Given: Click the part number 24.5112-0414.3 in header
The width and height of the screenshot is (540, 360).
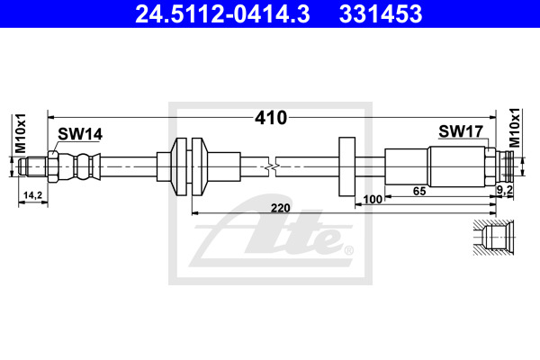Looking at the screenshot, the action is pos(222,14).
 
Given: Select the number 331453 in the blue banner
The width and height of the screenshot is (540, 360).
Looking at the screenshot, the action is pos(381,14).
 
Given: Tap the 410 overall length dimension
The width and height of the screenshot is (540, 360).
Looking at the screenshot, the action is pos(271,118).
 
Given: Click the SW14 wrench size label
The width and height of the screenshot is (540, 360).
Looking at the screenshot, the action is pos(80,134).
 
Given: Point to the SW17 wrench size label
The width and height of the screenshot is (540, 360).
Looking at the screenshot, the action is pos(461,131).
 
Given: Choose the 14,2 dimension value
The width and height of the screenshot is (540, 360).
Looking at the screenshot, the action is pos(32,195).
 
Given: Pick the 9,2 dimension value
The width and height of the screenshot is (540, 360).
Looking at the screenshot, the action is pos(505,190).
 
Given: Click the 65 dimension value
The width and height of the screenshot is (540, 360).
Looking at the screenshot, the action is pos(419,191).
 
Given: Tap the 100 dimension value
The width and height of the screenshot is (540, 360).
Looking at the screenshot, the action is pos(373,200).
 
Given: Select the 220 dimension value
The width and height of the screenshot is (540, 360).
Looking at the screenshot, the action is pos(280,208).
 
